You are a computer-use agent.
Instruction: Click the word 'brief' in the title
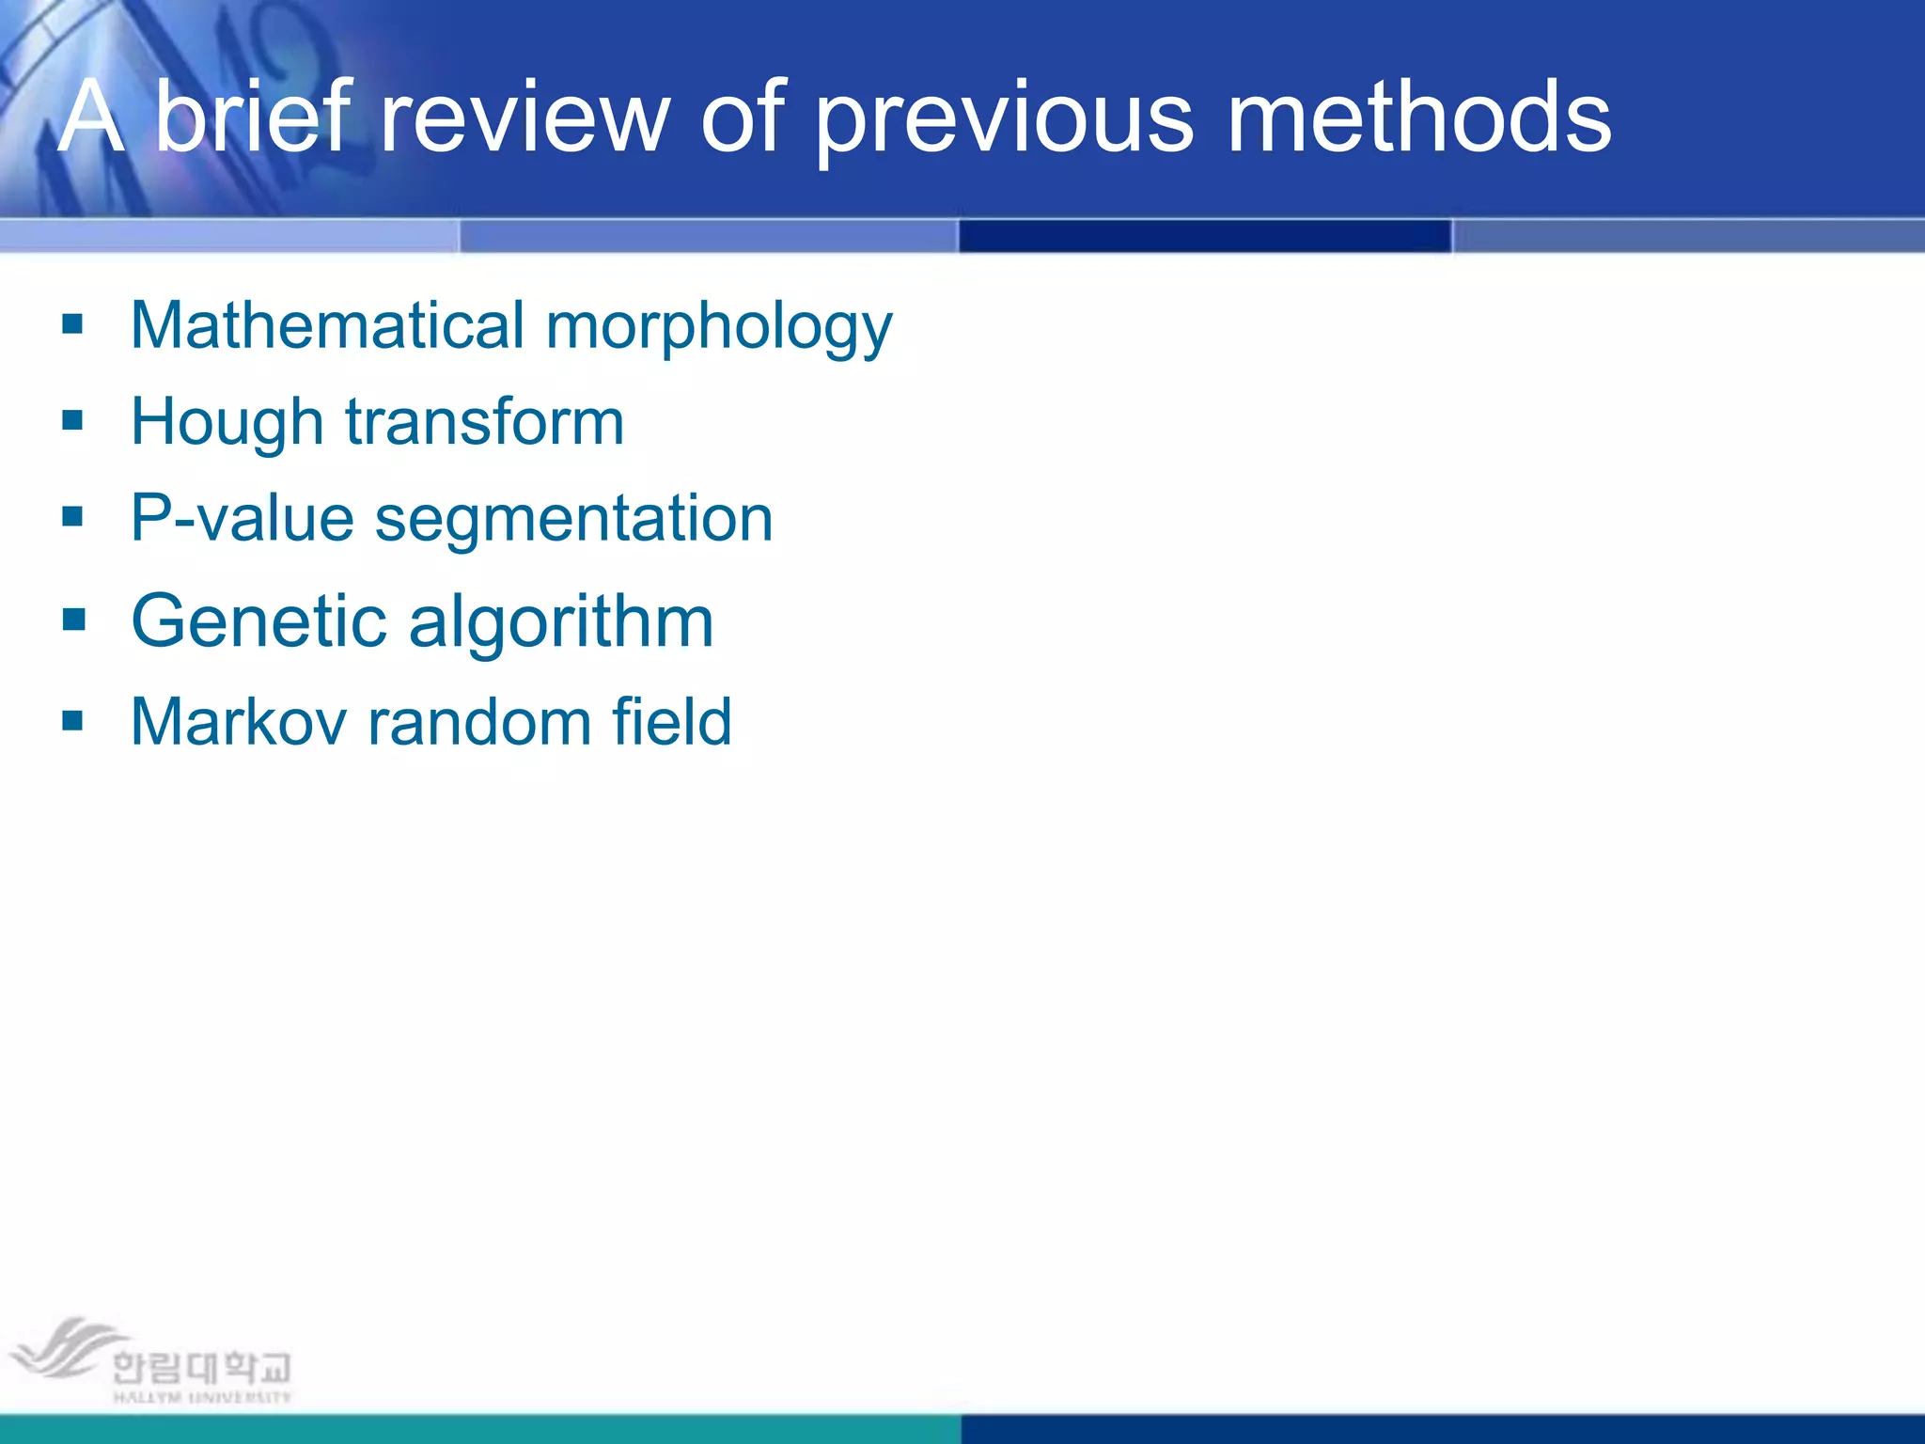pos(253,117)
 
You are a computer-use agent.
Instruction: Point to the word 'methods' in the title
pos(1419,117)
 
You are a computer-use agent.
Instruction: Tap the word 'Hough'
pos(227,423)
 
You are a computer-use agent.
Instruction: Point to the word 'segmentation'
pos(573,520)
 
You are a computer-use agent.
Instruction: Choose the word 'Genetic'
pos(258,621)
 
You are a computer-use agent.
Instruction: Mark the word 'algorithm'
pos(561,623)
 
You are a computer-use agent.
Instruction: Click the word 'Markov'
pos(238,722)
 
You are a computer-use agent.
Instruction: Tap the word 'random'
pos(478,722)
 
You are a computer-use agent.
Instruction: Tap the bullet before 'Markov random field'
pos(72,720)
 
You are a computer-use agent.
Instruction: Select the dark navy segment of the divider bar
pos(1205,236)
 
